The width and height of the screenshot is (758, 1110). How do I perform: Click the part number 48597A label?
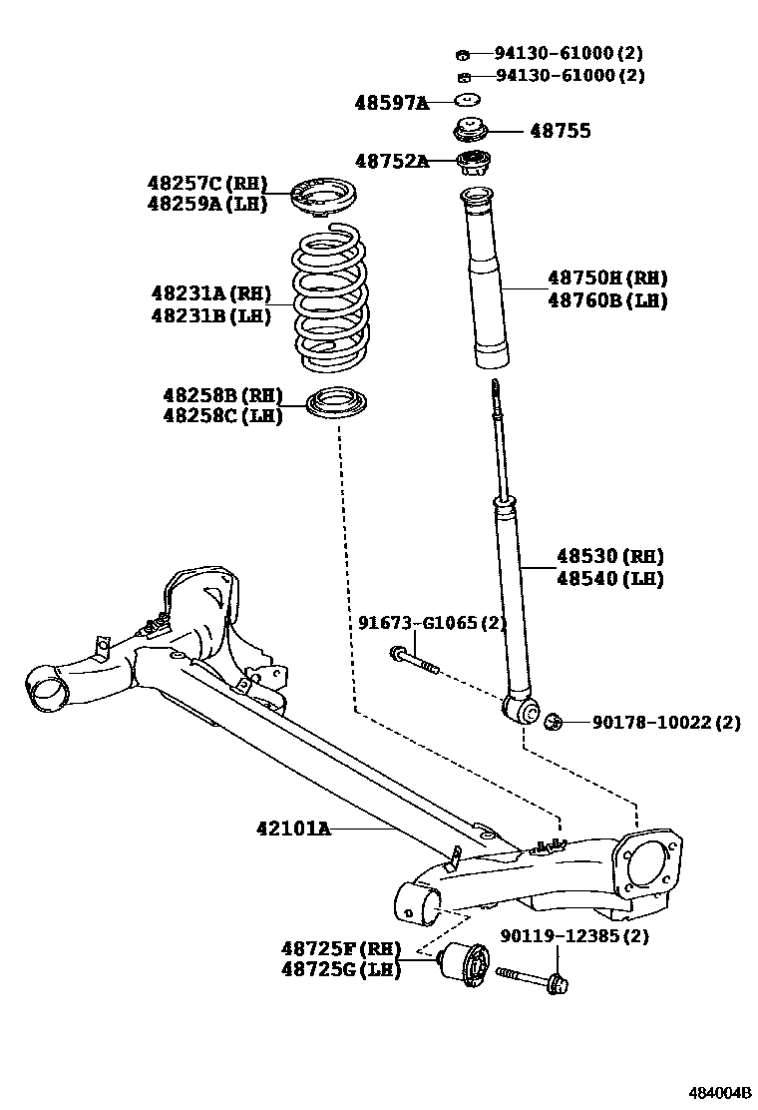(391, 102)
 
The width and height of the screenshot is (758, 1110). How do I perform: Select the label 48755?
(560, 131)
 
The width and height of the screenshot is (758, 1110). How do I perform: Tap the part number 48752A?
(391, 161)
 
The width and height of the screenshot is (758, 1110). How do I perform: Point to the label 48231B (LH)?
(210, 315)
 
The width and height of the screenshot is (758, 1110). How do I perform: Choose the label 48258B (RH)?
(222, 394)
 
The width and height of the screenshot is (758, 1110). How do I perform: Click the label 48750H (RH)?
(607, 278)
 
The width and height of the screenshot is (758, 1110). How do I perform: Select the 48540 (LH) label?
(609, 578)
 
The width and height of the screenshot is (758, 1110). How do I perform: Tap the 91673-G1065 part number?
(432, 624)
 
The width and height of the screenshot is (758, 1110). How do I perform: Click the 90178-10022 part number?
(666, 721)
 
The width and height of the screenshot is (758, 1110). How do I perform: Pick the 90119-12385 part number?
(573, 936)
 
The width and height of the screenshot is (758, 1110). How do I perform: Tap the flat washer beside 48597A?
(467, 100)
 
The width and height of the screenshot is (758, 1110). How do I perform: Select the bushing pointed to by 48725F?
(465, 965)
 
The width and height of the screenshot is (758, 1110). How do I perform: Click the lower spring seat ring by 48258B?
(338, 404)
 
